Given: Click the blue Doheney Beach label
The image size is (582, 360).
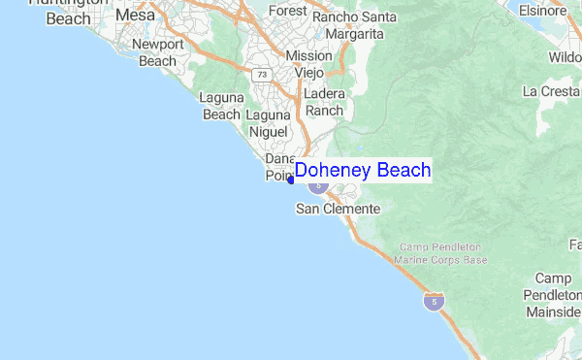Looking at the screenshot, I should pos(363,171).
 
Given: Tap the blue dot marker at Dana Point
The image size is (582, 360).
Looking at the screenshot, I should pos(291,180).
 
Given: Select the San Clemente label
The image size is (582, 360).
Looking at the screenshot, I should pos(338,209).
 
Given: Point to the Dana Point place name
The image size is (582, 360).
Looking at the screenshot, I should pos(280,167).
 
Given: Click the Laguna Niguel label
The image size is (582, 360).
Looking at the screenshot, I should pos(268,123).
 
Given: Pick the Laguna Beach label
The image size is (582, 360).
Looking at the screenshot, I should pos(220,106).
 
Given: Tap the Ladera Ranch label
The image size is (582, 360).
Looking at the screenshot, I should pos(324,102).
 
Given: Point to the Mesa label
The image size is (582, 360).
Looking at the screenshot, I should pos(135,16).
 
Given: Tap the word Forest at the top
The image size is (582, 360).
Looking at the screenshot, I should pos(287,11).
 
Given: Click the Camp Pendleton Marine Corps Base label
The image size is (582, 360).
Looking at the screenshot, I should pos(441,253).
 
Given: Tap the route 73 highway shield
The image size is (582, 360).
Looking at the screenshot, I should pos(261,74).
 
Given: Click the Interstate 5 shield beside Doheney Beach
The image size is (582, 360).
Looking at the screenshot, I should pos(318,184).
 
